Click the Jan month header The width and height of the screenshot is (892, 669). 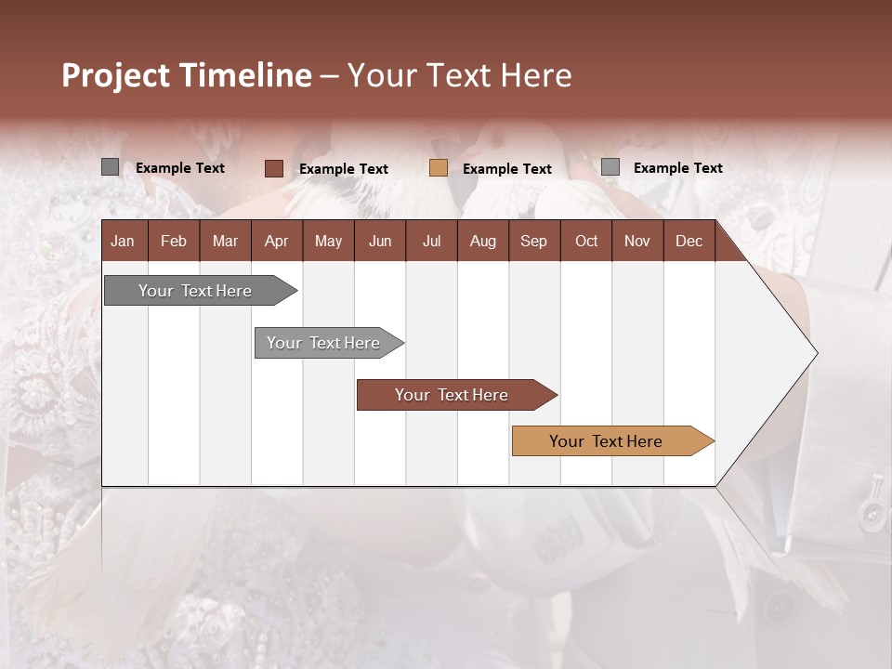(x=123, y=241)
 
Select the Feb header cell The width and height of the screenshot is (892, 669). (x=174, y=241)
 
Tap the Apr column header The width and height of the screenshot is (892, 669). (x=276, y=241)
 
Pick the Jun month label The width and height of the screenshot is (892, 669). (x=380, y=241)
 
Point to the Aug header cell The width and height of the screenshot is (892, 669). (x=482, y=241)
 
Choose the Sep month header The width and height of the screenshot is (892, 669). (x=533, y=241)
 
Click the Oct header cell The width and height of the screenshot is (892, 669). (x=586, y=241)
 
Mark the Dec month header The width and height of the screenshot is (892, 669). (x=689, y=241)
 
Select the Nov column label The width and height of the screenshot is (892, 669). (x=636, y=241)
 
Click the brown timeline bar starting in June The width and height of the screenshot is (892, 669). (x=452, y=395)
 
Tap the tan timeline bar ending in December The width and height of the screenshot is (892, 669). (x=606, y=441)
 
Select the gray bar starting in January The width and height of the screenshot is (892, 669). (x=195, y=291)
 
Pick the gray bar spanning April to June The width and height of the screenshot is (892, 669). (x=323, y=343)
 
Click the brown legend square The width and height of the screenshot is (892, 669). (x=273, y=168)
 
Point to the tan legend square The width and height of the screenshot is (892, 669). (x=439, y=168)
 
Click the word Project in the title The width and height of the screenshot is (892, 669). (x=116, y=75)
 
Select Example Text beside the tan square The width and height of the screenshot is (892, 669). (x=507, y=169)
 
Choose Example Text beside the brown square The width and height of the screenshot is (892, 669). (x=344, y=169)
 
